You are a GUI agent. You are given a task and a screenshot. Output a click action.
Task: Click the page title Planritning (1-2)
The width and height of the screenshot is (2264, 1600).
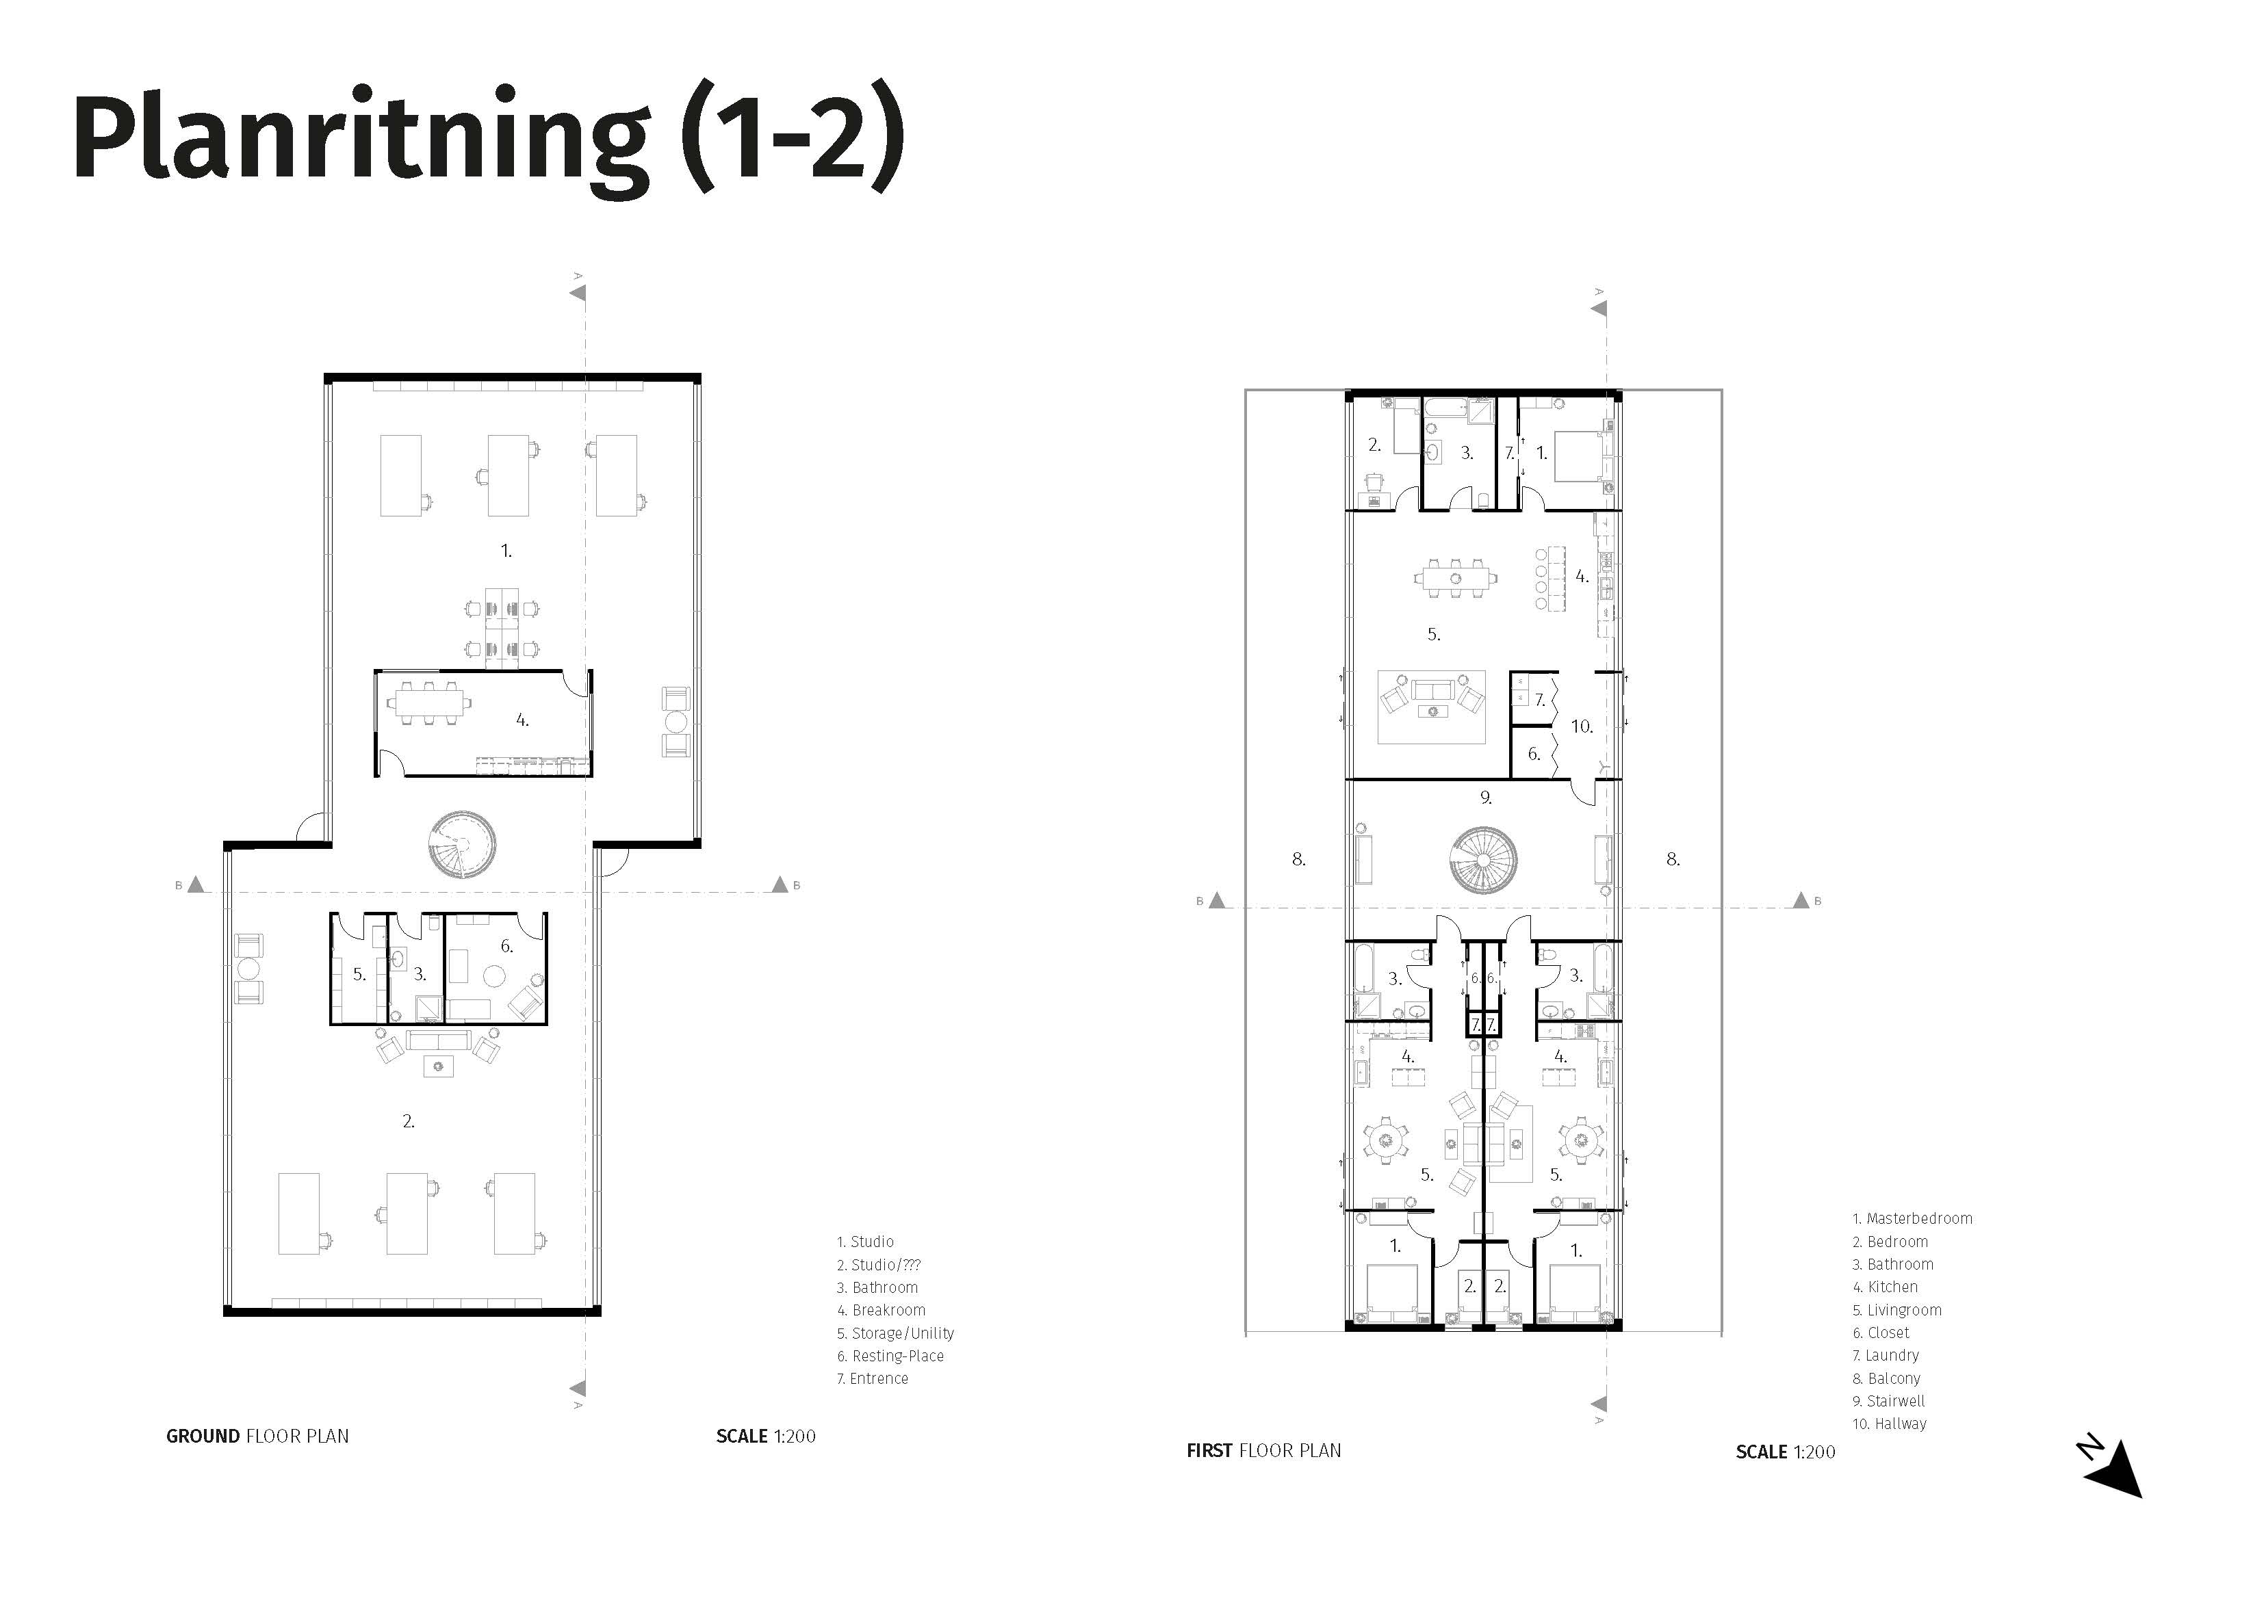488,141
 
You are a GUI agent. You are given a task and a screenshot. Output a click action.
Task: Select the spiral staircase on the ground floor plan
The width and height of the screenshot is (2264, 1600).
461,845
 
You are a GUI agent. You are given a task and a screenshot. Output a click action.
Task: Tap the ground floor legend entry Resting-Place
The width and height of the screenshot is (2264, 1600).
890,1356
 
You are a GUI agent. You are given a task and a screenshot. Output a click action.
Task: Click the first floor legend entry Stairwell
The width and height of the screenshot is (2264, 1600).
1888,1401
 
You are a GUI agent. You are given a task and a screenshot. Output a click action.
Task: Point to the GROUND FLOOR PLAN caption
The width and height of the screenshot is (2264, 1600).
257,1437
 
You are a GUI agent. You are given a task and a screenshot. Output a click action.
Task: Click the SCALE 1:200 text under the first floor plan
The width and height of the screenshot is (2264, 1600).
1786,1452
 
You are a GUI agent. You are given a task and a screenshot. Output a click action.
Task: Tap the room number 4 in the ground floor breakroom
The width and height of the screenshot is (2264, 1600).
523,720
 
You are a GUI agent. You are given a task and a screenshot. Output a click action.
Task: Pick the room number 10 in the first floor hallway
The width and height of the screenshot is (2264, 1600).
1582,726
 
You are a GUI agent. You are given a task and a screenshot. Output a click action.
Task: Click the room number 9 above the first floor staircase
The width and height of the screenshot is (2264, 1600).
1486,798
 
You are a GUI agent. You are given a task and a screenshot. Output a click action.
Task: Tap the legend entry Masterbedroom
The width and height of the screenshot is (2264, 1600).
1912,1218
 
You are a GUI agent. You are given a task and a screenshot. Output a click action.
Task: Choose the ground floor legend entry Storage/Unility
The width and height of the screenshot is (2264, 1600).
895,1333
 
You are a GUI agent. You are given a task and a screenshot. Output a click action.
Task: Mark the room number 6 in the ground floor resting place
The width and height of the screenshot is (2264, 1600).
507,947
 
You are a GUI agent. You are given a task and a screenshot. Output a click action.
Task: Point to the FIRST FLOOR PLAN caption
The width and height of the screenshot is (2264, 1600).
1263,1451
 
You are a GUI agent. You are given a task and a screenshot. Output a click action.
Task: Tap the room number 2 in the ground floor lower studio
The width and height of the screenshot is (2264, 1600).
408,1121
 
